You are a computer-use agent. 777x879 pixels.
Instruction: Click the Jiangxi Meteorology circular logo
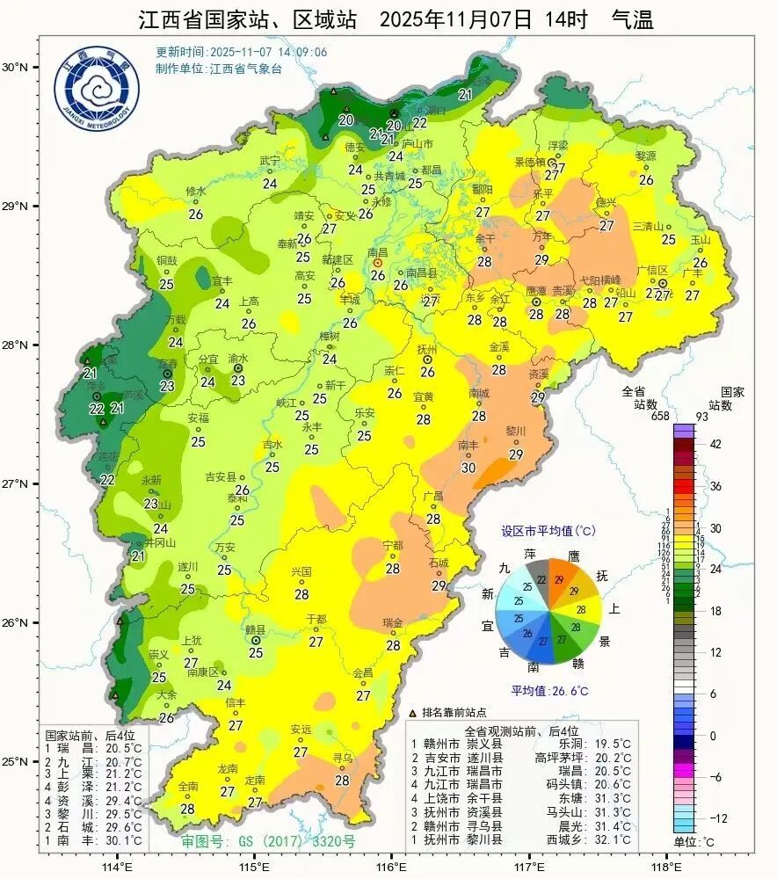96,92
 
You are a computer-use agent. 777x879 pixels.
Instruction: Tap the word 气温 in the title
632,20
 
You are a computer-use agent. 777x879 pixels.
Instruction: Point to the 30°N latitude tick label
15,68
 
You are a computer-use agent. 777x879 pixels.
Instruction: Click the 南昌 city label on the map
378,251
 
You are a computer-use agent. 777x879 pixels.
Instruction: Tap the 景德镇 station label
530,162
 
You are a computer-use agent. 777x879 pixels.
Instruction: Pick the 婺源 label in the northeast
646,156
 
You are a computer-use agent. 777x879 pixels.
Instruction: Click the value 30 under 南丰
468,469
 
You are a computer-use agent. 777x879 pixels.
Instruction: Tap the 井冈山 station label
160,543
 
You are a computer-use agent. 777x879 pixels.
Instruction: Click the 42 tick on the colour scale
715,445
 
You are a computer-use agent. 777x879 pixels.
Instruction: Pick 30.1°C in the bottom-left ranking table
124,840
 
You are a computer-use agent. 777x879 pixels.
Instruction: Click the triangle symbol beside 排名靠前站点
413,713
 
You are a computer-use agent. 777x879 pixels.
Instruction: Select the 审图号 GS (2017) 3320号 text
268,841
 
